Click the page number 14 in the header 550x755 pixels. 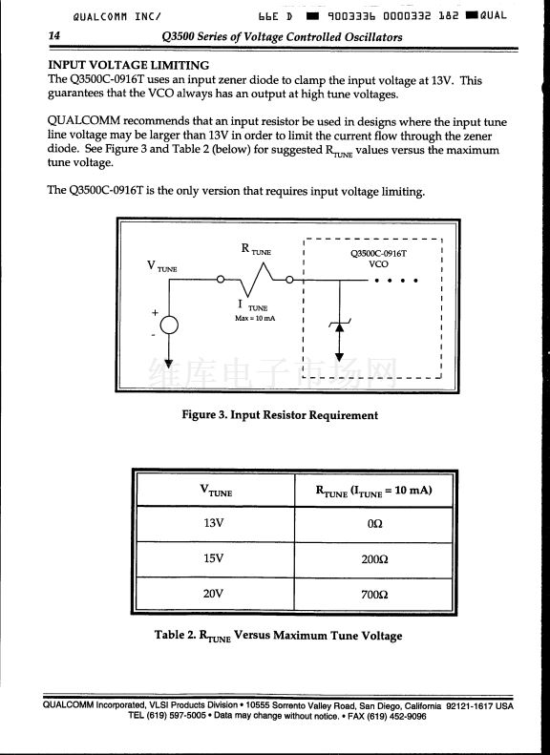tap(53, 36)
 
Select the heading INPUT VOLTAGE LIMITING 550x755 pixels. tap(129, 65)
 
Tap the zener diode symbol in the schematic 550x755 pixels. tap(340, 327)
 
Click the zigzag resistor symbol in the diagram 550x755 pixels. tap(256, 280)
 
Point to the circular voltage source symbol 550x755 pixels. tap(169, 325)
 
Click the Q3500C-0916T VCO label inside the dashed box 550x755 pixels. tap(378, 258)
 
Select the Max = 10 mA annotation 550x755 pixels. tap(255, 318)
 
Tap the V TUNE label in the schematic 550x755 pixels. tap(161, 266)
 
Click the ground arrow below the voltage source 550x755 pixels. tap(169, 363)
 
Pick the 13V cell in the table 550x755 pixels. tap(213, 523)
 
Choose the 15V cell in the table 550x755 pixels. tap(213, 558)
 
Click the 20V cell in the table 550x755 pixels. tap(213, 594)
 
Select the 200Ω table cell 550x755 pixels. tap(374, 559)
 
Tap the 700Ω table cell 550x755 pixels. tap(374, 595)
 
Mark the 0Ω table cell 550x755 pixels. tap(374, 523)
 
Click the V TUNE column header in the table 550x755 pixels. tap(216, 491)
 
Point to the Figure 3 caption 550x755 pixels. tap(280, 414)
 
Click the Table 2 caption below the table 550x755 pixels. tap(279, 636)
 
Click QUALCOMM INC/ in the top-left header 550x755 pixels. tap(117, 16)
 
